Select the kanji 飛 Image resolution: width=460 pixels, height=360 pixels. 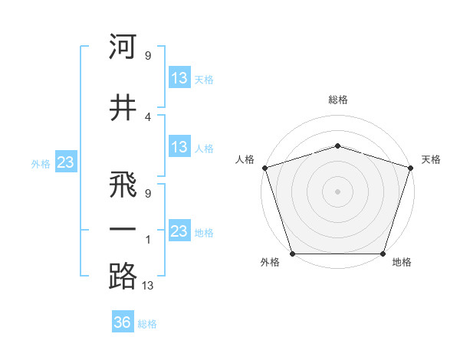(x=123, y=187)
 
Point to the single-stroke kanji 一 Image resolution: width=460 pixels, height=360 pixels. (x=123, y=230)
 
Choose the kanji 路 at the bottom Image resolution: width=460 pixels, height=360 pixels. (x=123, y=276)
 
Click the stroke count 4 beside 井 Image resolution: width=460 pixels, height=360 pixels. (x=148, y=116)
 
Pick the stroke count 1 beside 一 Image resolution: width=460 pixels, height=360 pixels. (x=148, y=239)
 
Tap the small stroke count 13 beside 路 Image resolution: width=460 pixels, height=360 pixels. (x=149, y=286)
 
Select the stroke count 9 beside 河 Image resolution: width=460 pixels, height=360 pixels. (x=148, y=55)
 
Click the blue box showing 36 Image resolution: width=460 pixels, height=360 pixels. (x=122, y=322)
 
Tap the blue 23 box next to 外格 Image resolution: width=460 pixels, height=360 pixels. (x=64, y=162)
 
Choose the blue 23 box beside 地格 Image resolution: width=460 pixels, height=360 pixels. (x=179, y=231)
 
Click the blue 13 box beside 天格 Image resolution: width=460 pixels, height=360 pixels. (x=179, y=78)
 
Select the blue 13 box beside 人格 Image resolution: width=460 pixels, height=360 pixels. (x=179, y=147)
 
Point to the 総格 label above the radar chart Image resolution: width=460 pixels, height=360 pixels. (x=337, y=100)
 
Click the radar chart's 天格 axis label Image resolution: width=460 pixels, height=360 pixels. (x=431, y=159)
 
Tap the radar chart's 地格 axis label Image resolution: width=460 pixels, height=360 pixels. (x=402, y=263)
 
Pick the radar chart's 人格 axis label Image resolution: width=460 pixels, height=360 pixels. (x=245, y=159)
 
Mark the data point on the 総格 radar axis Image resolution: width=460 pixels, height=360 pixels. (x=337, y=146)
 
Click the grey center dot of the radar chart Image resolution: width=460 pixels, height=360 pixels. (x=337, y=191)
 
